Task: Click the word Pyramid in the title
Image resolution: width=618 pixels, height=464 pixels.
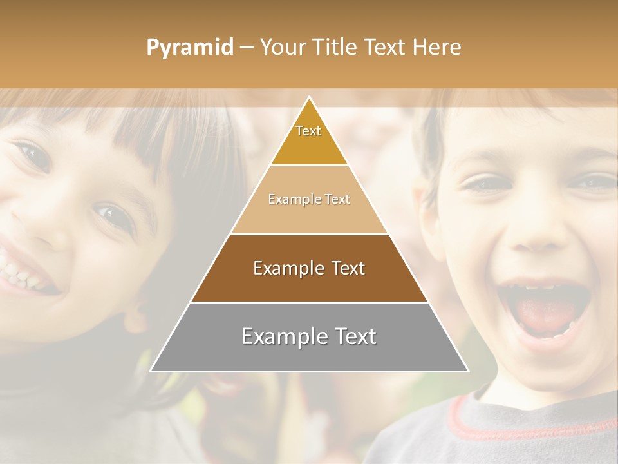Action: pyautogui.click(x=190, y=48)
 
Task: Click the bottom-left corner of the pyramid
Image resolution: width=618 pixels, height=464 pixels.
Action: pyautogui.click(x=152, y=371)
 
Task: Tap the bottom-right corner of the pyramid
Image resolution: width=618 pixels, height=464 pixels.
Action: pyautogui.click(x=467, y=371)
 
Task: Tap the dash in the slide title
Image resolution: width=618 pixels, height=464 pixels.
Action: pyautogui.click(x=247, y=48)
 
